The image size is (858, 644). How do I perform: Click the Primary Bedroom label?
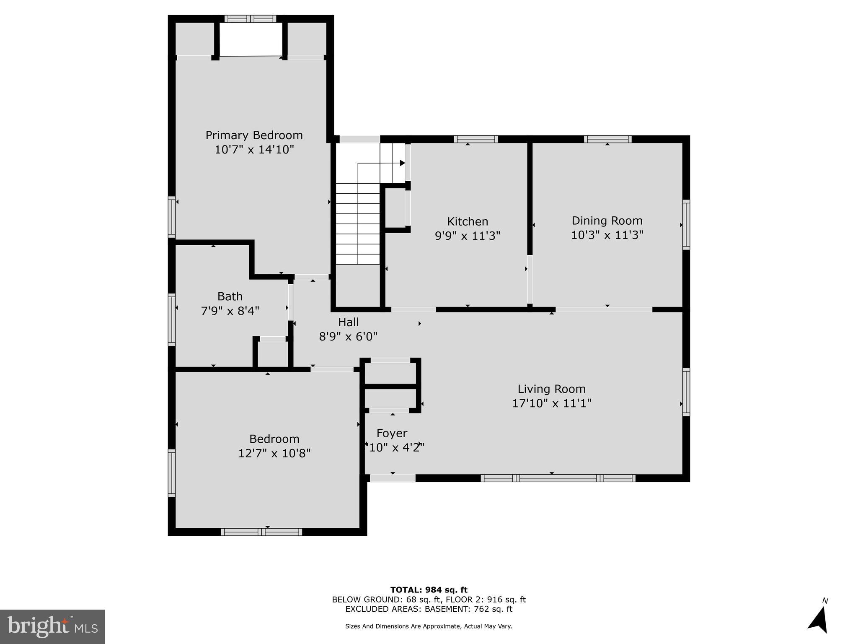coord(254,135)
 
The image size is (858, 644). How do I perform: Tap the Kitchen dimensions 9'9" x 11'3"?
coord(468,236)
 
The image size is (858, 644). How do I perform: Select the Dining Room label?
coord(607,221)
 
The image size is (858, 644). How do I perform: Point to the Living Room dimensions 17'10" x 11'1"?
coord(551,403)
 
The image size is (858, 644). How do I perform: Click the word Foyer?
coord(392,433)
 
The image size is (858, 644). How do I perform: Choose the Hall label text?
coord(348,322)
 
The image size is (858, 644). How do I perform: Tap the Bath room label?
coord(230,296)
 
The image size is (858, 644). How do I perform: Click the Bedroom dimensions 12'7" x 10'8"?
coord(274,453)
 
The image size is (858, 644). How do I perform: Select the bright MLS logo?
coord(52,626)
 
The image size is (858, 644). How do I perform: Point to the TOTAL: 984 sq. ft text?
coord(429,590)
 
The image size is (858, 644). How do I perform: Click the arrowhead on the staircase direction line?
coord(402,163)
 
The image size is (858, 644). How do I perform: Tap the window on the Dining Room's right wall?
coord(686,224)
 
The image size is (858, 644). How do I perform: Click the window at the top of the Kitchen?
coord(476,139)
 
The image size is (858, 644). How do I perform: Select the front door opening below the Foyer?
coord(393,478)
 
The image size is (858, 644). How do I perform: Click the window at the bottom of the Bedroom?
coord(261,532)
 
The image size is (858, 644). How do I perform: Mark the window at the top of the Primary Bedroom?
coord(250,19)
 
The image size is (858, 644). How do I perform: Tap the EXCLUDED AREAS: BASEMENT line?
coord(429,609)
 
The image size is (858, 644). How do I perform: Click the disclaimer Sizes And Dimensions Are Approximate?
coord(429,626)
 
